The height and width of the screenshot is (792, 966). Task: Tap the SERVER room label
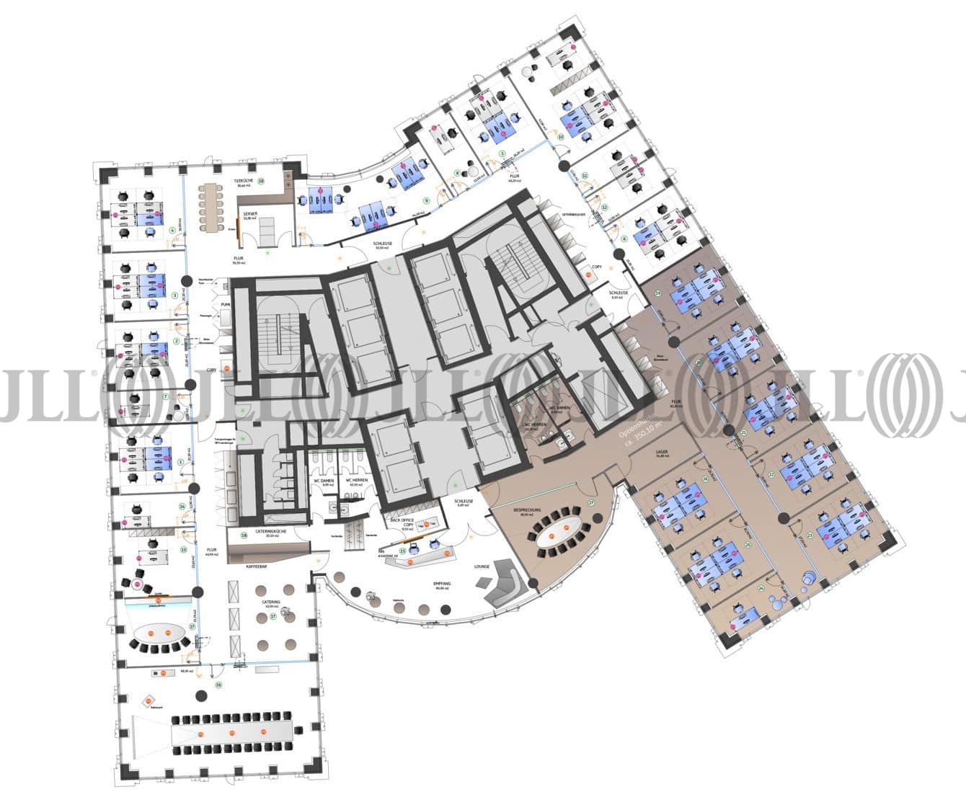[250, 214]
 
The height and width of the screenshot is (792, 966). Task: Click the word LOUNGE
[482, 566]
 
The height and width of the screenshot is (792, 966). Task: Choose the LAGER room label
[661, 452]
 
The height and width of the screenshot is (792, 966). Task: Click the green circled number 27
[591, 503]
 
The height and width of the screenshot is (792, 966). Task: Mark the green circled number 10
[561, 136]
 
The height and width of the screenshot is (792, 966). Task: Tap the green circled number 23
[810, 535]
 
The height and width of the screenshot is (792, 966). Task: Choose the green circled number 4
[172, 231]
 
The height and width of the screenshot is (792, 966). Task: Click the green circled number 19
[657, 293]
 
